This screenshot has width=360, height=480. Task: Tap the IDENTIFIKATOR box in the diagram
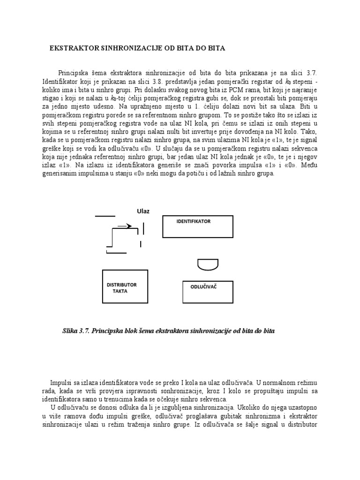(197, 226)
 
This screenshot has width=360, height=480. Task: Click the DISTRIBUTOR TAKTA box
(122, 286)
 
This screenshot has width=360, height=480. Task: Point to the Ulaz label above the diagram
(143, 211)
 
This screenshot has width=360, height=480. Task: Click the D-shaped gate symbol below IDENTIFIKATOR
(208, 264)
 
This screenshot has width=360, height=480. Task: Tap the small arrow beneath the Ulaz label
(124, 226)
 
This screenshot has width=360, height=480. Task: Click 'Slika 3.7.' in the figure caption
(76, 330)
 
